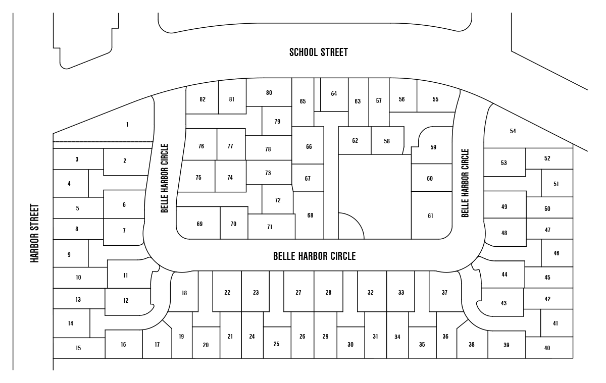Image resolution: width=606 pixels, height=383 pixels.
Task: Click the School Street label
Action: coord(318,52)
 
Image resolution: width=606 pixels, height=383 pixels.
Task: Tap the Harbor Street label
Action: coord(35,233)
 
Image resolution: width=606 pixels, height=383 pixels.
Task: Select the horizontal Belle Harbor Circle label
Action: coord(314,256)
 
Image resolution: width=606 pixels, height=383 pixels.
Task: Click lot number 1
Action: coord(127,125)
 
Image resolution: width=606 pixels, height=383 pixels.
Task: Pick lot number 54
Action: coord(513,131)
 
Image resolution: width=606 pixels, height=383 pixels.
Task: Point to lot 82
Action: coord(203,99)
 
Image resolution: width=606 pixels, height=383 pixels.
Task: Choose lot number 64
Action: coord(334,94)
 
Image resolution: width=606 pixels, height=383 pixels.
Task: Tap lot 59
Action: coord(433,147)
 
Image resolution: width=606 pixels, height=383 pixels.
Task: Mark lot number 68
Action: coord(310,215)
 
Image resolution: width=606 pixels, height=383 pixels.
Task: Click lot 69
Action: coord(199,224)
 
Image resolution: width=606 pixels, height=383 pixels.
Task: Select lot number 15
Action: coord(78,348)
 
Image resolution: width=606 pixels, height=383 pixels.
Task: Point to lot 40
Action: coord(547,348)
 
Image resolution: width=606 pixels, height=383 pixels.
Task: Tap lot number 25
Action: coord(276,344)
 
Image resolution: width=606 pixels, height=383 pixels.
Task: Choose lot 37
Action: coord(444,293)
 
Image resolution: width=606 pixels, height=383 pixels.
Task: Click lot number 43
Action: coord(503,303)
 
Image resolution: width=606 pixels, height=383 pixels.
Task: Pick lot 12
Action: coord(126,301)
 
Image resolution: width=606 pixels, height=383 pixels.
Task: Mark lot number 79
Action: coord(277,122)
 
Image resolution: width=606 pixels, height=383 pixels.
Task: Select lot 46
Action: coord(556,253)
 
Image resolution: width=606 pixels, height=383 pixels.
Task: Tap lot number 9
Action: coord(69,255)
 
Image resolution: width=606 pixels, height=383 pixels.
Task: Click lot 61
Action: coord(430,216)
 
